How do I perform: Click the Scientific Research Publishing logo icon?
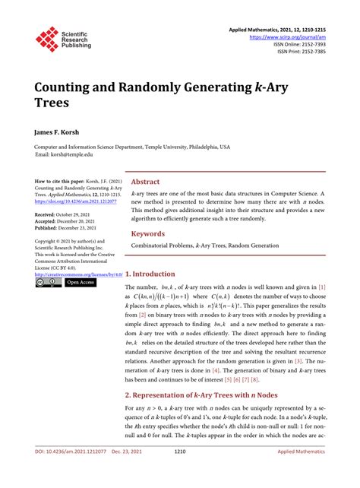click(x=47, y=40)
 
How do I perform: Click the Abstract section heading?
click(x=146, y=182)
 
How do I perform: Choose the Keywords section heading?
click(x=149, y=234)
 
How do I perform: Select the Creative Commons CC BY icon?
click(x=48, y=282)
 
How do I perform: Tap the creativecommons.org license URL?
click(x=75, y=274)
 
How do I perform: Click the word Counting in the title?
click(x=69, y=86)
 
